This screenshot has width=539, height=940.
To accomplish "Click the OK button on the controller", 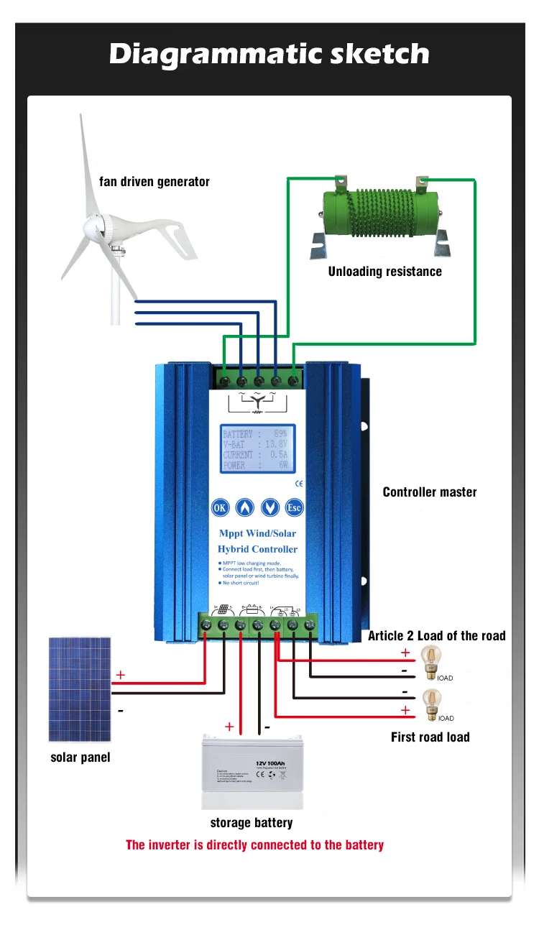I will coord(221,507).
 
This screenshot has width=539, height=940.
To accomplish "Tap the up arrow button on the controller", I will coord(245,507).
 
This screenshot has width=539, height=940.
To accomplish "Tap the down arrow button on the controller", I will coord(269,507).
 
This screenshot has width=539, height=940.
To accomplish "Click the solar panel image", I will coord(80,689).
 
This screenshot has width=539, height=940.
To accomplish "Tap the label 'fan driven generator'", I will coord(155,182).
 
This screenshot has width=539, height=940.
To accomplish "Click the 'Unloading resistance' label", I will coord(384,272).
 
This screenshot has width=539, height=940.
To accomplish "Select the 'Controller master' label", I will coord(430,492).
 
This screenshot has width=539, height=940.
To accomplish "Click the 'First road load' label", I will coord(430,737).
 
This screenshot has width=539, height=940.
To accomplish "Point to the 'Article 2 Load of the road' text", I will coord(436,635).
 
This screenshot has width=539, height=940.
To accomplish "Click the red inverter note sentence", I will coord(254,845).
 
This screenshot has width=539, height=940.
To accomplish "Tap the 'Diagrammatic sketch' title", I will coord(269,54).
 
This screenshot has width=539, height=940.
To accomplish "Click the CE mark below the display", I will coord(299,484).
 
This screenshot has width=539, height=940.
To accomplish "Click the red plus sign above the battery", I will coord(229,727).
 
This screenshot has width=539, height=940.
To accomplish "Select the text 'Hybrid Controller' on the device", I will coord(257,549).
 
